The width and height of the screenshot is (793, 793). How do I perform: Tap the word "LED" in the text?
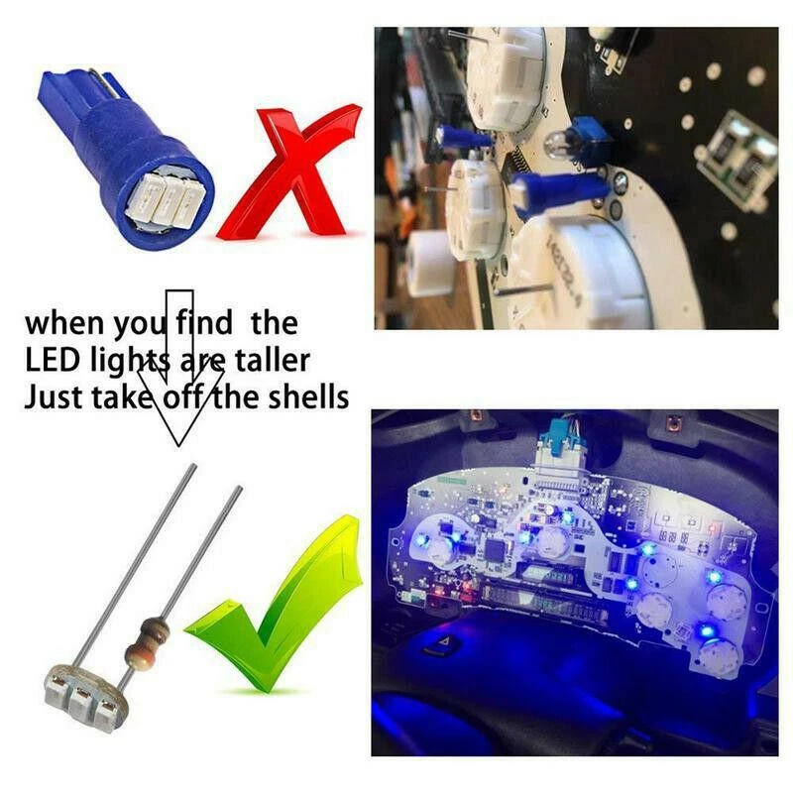click(51, 359)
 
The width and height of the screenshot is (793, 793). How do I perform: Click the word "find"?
click(204, 322)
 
